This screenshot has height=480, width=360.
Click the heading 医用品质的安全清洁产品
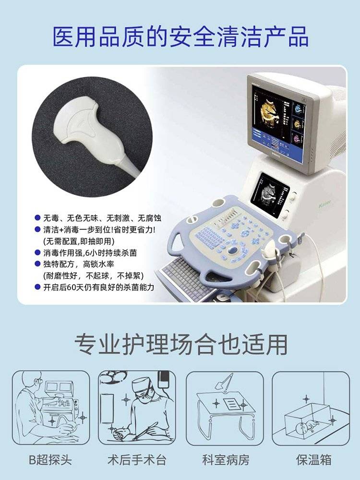180,37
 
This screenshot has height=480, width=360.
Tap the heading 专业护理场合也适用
181,344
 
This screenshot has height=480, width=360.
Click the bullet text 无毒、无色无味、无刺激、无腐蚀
102,218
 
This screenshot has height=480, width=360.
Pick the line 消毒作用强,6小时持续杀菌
90,253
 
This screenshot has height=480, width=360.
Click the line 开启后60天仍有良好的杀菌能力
98,287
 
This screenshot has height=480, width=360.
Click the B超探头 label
50,460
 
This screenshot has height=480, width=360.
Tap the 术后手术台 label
137,460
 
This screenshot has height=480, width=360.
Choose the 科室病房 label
226,460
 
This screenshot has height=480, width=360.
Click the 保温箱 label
313,460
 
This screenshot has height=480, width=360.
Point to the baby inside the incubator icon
306,426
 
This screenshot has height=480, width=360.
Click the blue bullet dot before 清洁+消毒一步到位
37,229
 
